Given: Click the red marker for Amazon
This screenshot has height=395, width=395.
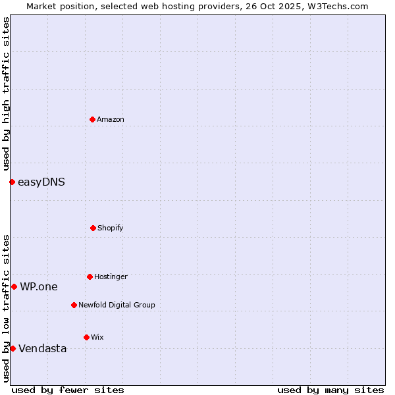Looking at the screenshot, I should pyautogui.click(x=93, y=119).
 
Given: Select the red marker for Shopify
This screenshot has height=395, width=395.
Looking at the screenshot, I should pyautogui.click(x=93, y=228).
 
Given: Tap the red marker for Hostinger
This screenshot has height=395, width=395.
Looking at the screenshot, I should pyautogui.click(x=90, y=276).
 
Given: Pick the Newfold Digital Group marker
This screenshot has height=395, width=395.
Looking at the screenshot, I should pyautogui.click(x=74, y=305).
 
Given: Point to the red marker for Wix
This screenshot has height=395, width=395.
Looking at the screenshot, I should pyautogui.click(x=86, y=337).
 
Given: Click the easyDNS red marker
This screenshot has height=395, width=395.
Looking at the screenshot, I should pyautogui.click(x=12, y=182).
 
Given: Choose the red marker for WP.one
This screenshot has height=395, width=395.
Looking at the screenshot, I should pyautogui.click(x=14, y=286).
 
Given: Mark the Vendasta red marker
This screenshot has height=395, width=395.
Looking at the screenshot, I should pyautogui.click(x=13, y=348).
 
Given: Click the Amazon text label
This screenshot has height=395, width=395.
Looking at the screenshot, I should pyautogui.click(x=111, y=119).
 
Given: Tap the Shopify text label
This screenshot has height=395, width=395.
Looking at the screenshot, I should pyautogui.click(x=111, y=228).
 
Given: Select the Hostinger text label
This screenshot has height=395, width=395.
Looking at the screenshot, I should pyautogui.click(x=111, y=276).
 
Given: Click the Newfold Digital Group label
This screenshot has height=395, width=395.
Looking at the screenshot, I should pyautogui.click(x=117, y=305).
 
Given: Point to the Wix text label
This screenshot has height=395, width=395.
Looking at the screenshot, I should pyautogui.click(x=97, y=337).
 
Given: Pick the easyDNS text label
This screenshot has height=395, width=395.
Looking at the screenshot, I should pyautogui.click(x=41, y=182).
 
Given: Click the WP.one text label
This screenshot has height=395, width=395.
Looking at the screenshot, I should pyautogui.click(x=39, y=286).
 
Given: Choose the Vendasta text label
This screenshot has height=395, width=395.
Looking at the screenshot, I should pyautogui.click(x=43, y=348).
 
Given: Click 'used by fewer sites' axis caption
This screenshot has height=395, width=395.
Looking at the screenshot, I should pyautogui.click(x=68, y=390).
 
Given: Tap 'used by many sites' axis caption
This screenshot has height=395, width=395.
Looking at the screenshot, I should pyautogui.click(x=330, y=390).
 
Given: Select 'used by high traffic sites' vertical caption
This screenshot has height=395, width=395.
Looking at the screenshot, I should pyautogui.click(x=6, y=93).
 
